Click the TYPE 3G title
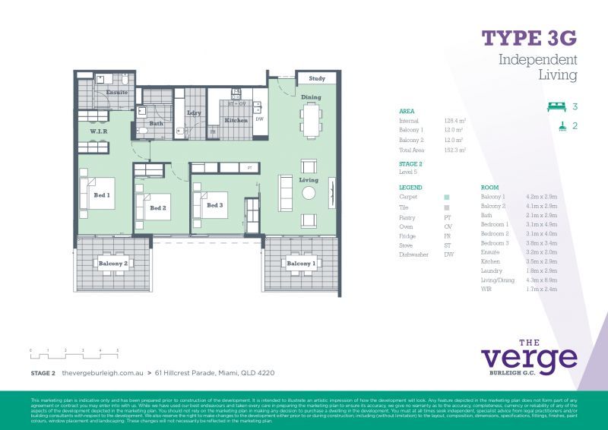pyautogui.click(x=529, y=38)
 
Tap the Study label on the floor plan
pyautogui.click(x=317, y=78)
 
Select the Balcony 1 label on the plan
pyautogui.click(x=302, y=264)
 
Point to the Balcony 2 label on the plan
pyautogui.click(x=113, y=264)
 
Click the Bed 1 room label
pyautogui.click(x=102, y=195)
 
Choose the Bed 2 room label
pyautogui.click(x=158, y=207)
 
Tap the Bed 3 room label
pyautogui.click(x=216, y=205)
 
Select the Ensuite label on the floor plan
pyautogui.click(x=116, y=92)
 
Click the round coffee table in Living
pyautogui.click(x=309, y=193)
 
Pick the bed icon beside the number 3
pyautogui.click(x=557, y=107)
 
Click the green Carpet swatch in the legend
pyautogui.click(x=447, y=197)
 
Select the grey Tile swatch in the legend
pyautogui.click(x=447, y=207)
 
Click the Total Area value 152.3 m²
pyautogui.click(x=454, y=150)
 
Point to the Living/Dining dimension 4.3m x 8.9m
pyautogui.click(x=541, y=280)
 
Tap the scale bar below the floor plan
pyautogui.click(x=74, y=353)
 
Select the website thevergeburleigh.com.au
pyautogui.click(x=103, y=373)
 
